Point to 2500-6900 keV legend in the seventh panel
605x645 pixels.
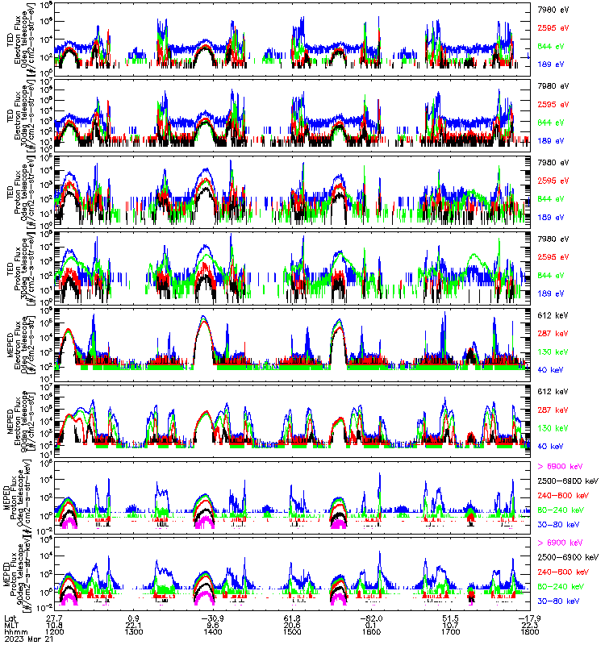click(x=567, y=481)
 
